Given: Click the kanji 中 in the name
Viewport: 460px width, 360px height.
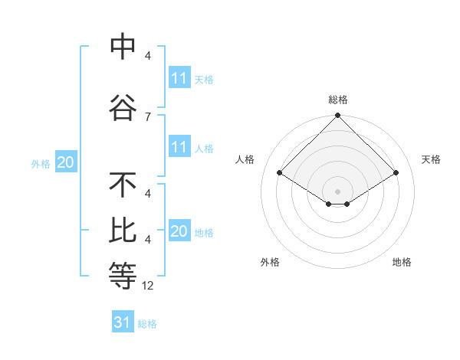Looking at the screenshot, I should click(123, 47).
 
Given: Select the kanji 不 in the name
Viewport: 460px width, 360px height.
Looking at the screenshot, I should click(123, 185).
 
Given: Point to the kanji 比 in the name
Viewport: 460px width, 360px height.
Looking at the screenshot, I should click(123, 231).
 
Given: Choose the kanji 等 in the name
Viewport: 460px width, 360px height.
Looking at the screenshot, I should click(123, 275).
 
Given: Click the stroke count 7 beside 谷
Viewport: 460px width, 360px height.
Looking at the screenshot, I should click(148, 116).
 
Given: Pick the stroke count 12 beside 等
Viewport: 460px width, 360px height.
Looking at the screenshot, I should click(149, 286).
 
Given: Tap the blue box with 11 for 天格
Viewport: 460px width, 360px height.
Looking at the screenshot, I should click(179, 78).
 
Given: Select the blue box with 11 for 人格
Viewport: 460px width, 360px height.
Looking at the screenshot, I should click(179, 147).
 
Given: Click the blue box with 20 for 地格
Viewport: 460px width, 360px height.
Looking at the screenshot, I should click(179, 231).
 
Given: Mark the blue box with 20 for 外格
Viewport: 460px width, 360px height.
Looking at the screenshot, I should click(66, 162).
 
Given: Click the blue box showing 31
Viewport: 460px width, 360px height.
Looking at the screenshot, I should click(123, 322).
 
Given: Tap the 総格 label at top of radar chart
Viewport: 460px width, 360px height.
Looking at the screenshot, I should click(338, 100).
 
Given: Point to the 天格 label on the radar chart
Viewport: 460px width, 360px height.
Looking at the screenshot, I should click(431, 159).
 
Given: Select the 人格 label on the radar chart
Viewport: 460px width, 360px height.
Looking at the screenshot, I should click(245, 159).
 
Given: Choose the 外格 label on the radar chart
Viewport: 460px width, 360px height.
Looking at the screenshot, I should click(270, 262).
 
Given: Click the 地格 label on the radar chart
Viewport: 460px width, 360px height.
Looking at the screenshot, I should click(402, 262).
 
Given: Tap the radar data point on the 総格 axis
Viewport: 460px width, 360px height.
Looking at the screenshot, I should click(337, 116).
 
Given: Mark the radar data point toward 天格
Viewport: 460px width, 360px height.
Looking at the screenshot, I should click(396, 173).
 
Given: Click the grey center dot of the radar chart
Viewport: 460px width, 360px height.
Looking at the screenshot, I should click(337, 191).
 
